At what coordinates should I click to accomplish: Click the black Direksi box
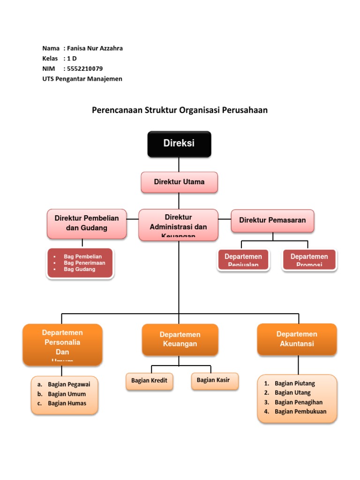click(x=179, y=144)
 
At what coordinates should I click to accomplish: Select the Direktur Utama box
click(x=179, y=182)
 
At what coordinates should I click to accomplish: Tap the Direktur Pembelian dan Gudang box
click(x=87, y=224)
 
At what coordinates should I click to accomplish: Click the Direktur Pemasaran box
click(x=272, y=220)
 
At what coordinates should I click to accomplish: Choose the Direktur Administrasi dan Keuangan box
click(x=178, y=225)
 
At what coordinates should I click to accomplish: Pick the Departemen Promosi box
click(x=309, y=260)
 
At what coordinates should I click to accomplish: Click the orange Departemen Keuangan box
click(x=180, y=339)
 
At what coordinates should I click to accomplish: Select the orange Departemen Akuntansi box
click(x=297, y=339)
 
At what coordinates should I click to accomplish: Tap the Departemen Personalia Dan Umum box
click(x=62, y=344)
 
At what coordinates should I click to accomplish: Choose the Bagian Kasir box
click(x=215, y=380)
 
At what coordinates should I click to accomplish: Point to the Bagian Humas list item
click(x=67, y=403)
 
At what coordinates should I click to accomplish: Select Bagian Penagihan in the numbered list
click(x=299, y=402)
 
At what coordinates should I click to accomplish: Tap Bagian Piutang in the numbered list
click(x=295, y=383)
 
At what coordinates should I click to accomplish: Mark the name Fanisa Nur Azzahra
click(x=95, y=48)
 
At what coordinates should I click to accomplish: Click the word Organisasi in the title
click(x=203, y=110)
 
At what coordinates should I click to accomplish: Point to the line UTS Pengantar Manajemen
click(x=82, y=79)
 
